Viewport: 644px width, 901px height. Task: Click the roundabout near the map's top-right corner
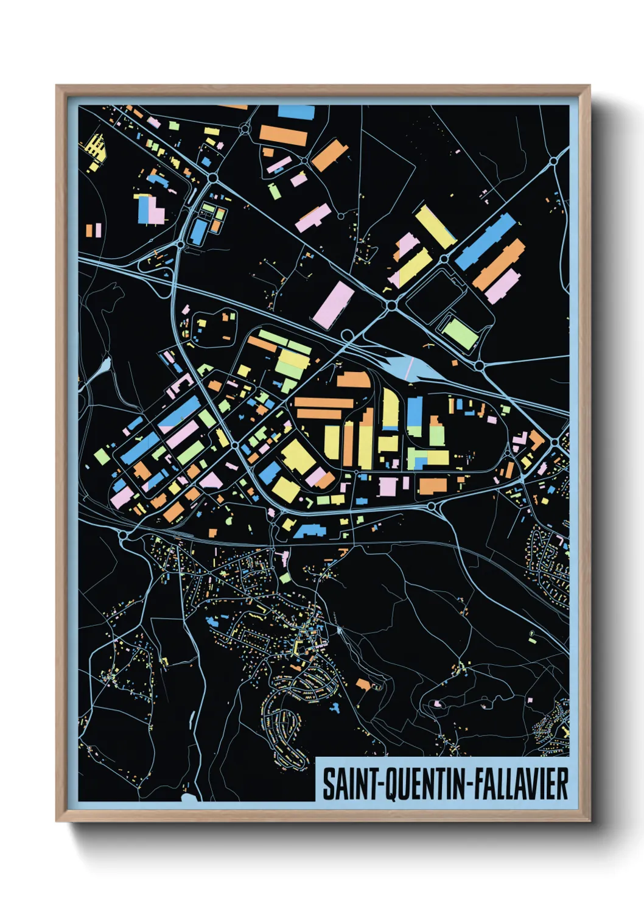click(x=554, y=161)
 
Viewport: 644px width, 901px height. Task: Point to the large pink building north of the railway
click(x=333, y=304)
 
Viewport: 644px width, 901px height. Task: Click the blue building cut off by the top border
click(x=296, y=112)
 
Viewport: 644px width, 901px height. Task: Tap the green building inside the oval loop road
click(x=459, y=333)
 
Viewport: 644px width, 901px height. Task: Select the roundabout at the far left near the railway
click(x=125, y=535)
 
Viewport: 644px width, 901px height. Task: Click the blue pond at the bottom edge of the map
click(x=190, y=796)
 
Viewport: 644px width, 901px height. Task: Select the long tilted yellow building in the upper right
click(x=435, y=226)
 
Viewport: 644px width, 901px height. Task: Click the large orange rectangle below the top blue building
click(x=283, y=135)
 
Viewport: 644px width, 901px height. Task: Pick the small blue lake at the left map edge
click(x=105, y=365)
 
